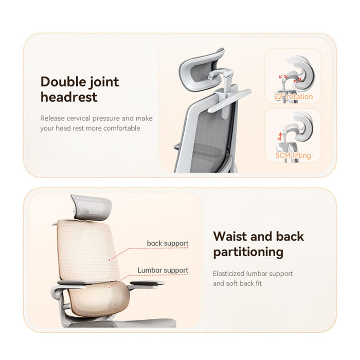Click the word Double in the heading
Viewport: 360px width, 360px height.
[x=63, y=81]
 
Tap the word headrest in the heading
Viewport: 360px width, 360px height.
[x=69, y=97]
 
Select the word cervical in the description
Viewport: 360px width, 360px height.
[x=78, y=118]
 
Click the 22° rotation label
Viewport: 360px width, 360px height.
[x=293, y=97]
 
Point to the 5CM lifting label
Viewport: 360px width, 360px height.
[x=293, y=155]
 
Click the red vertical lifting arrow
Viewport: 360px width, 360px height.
[x=279, y=137]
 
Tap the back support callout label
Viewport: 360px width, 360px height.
[x=168, y=243]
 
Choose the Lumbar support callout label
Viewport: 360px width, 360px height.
[x=163, y=270]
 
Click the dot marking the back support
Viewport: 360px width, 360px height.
[x=110, y=260]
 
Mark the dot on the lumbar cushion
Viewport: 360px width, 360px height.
[x=110, y=287]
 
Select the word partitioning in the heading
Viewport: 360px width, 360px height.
[x=248, y=252]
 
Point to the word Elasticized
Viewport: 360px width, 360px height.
[x=228, y=274]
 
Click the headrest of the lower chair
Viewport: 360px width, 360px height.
[x=92, y=207]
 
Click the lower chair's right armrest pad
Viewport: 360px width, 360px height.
[x=147, y=283]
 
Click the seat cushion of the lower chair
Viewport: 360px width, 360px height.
[x=122, y=323]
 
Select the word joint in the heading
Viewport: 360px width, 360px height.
[x=104, y=82]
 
